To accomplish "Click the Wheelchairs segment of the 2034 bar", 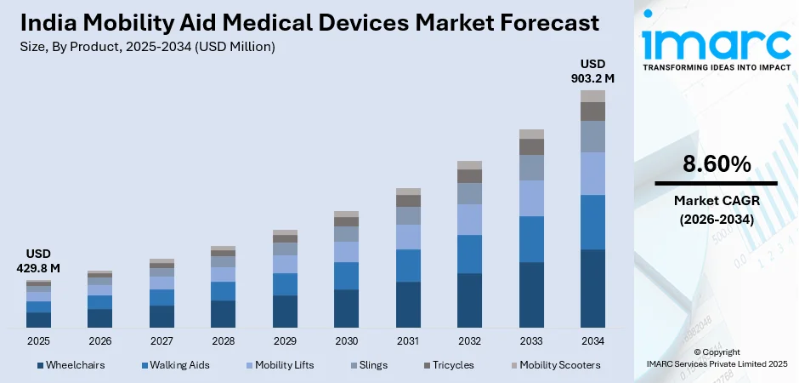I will click(592, 288).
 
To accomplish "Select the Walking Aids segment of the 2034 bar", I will click(592, 222).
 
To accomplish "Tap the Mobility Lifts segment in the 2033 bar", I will click(531, 198).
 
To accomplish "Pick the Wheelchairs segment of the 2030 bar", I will click(346, 308).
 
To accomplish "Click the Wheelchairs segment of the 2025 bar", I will click(38, 319).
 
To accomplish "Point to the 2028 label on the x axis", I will click(223, 341).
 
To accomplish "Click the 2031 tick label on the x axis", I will click(408, 341).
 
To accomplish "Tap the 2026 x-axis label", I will click(99, 341).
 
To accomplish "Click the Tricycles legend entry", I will click(452, 365).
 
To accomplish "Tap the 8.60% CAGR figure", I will click(715, 164).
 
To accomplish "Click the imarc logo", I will click(715, 43).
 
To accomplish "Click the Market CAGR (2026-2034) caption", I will click(715, 209).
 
